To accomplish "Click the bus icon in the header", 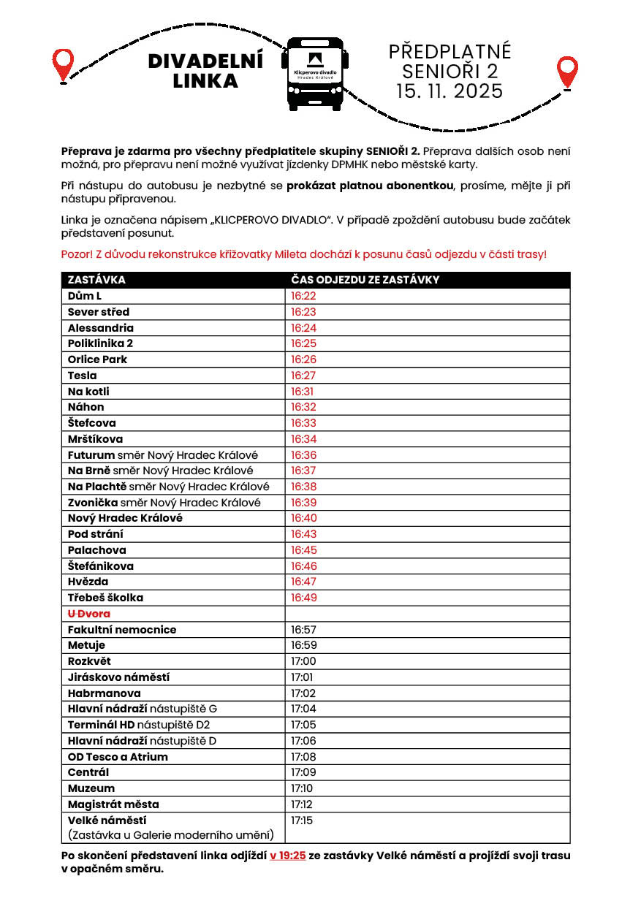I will pos(315,74).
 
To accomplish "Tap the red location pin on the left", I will pos(64,64).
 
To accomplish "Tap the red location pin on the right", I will pos(567,72).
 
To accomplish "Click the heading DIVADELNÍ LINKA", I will pos(205,72).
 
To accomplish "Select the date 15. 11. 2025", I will pos(450,91).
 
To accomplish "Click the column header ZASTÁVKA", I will pos(96,280).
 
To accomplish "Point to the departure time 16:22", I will pos(303,296).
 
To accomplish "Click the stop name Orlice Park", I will pos(97,359).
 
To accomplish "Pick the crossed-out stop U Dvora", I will pos(89,614).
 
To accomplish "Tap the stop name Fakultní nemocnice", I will pos(122,630).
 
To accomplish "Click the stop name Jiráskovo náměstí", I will pos(118,677).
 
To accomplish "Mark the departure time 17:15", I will pos(302,821).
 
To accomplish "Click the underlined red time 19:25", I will pos(287,856).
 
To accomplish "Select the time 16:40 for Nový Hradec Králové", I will pos(303,518).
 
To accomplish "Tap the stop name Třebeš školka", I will pos(105,598).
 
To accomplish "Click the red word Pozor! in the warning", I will pos(76,254).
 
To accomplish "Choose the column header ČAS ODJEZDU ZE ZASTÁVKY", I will pos(365,280).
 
